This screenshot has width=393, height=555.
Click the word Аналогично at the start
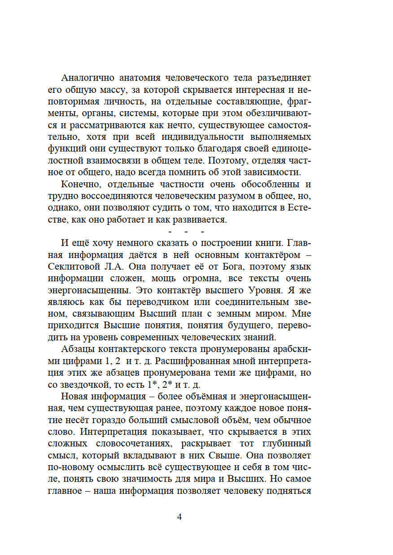click(x=88, y=78)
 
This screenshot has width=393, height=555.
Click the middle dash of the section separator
click(x=186, y=232)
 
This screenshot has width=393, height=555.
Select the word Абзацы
click(x=77, y=349)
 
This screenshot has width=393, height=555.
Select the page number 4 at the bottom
click(x=179, y=517)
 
